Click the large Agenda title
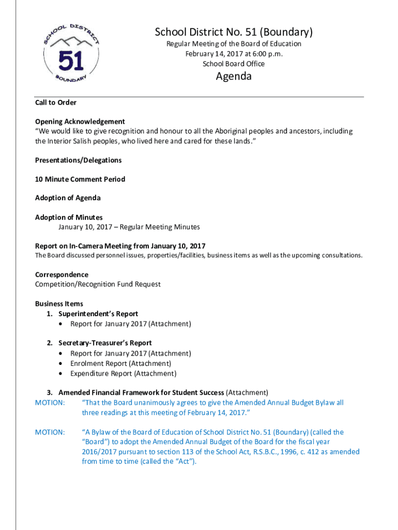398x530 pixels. pyautogui.click(x=234, y=77)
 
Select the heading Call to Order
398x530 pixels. pyautogui.click(x=56, y=102)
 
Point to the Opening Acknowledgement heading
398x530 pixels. pyautogui.click(x=80, y=122)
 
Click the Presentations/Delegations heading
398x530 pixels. pyautogui.click(x=78, y=160)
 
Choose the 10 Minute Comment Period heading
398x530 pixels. pyautogui.click(x=80, y=179)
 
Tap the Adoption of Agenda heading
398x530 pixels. pyautogui.click(x=68, y=198)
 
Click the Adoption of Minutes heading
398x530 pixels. pyautogui.click(x=69, y=217)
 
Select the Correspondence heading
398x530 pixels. pyautogui.click(x=62, y=274)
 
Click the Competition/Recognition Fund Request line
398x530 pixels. pyautogui.click(x=98, y=284)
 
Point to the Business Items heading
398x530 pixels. pyautogui.click(x=59, y=304)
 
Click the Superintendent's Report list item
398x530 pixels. pyautogui.click(x=98, y=314)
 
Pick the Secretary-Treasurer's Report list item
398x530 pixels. pyautogui.click(x=105, y=343)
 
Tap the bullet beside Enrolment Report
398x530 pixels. pyautogui.click(x=62, y=363)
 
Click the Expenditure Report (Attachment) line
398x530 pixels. pyautogui.click(x=123, y=373)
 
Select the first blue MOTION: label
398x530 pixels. pyautogui.click(x=50, y=403)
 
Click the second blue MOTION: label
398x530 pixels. pyautogui.click(x=50, y=432)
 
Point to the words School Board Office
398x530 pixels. pyautogui.click(x=234, y=64)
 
